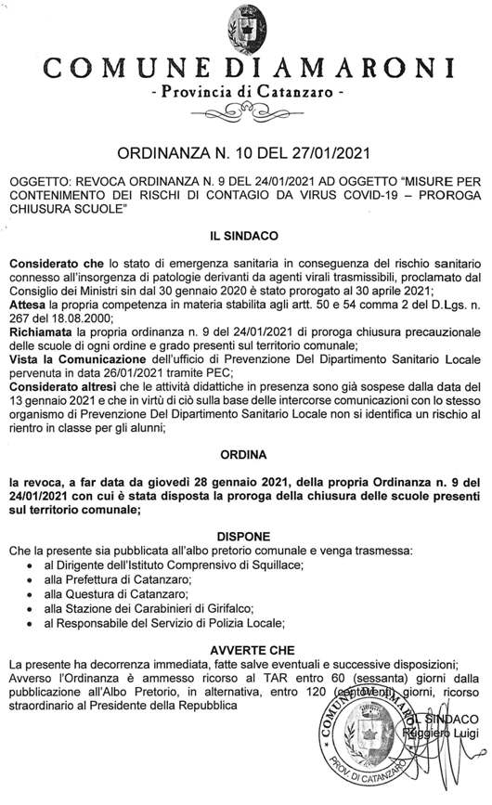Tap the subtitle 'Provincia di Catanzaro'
[x=246, y=92]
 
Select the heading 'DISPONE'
[x=246, y=537]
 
